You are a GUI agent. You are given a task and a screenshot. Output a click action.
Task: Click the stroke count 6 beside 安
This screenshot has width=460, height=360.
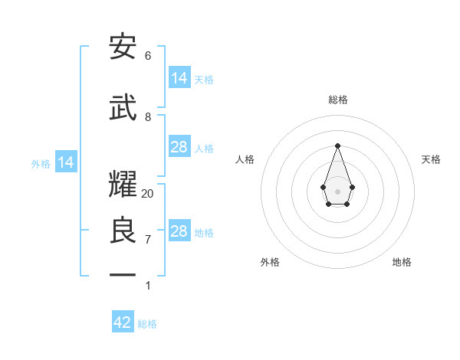(x=148, y=56)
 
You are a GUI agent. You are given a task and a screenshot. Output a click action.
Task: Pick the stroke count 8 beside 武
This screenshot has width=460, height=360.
(x=148, y=117)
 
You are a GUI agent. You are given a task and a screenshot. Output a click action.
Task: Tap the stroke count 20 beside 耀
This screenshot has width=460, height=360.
(x=148, y=193)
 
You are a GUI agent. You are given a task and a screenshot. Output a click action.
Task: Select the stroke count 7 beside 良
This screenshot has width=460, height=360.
(x=148, y=240)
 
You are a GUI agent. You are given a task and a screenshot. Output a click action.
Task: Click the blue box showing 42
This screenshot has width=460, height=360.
(x=123, y=322)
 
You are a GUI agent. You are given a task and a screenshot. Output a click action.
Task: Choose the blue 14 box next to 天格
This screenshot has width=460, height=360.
(x=179, y=78)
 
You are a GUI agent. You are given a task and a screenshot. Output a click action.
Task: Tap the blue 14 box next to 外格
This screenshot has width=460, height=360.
(x=66, y=162)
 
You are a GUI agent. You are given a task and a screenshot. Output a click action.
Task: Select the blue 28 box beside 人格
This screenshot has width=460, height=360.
(x=179, y=147)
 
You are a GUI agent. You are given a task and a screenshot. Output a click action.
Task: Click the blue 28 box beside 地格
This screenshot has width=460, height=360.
(x=179, y=231)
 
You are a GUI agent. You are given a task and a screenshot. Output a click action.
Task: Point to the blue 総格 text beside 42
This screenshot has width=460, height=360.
(x=147, y=324)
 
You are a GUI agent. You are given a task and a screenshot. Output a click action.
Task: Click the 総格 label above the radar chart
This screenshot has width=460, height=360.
(x=337, y=100)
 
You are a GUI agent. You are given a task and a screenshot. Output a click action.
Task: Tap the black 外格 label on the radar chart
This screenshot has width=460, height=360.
(x=270, y=262)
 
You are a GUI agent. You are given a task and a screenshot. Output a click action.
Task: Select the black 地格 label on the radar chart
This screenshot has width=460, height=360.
(x=402, y=262)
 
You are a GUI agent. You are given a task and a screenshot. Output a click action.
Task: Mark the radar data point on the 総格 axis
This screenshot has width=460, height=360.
(x=337, y=146)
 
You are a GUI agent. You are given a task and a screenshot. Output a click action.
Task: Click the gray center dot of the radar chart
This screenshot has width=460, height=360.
(x=337, y=190)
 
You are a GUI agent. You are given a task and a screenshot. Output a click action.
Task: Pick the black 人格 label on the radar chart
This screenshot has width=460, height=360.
(x=245, y=159)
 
